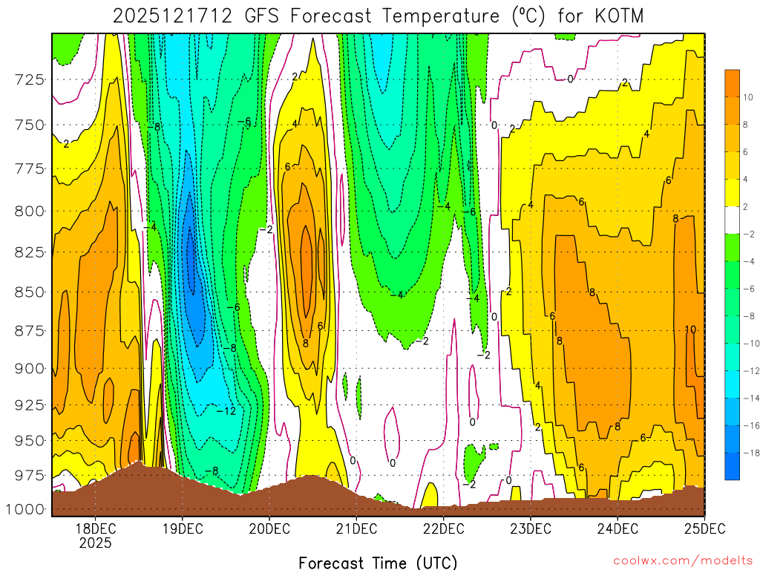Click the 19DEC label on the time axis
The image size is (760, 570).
point(183,529)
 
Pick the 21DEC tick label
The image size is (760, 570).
point(356,529)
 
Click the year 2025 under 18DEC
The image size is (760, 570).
point(96,543)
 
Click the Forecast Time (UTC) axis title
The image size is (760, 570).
point(378,562)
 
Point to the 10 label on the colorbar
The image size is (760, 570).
point(748,96)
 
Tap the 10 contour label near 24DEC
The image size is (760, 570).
point(690,330)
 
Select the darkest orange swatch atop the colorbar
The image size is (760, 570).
point(733,82)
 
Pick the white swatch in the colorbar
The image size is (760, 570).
point(733,220)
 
